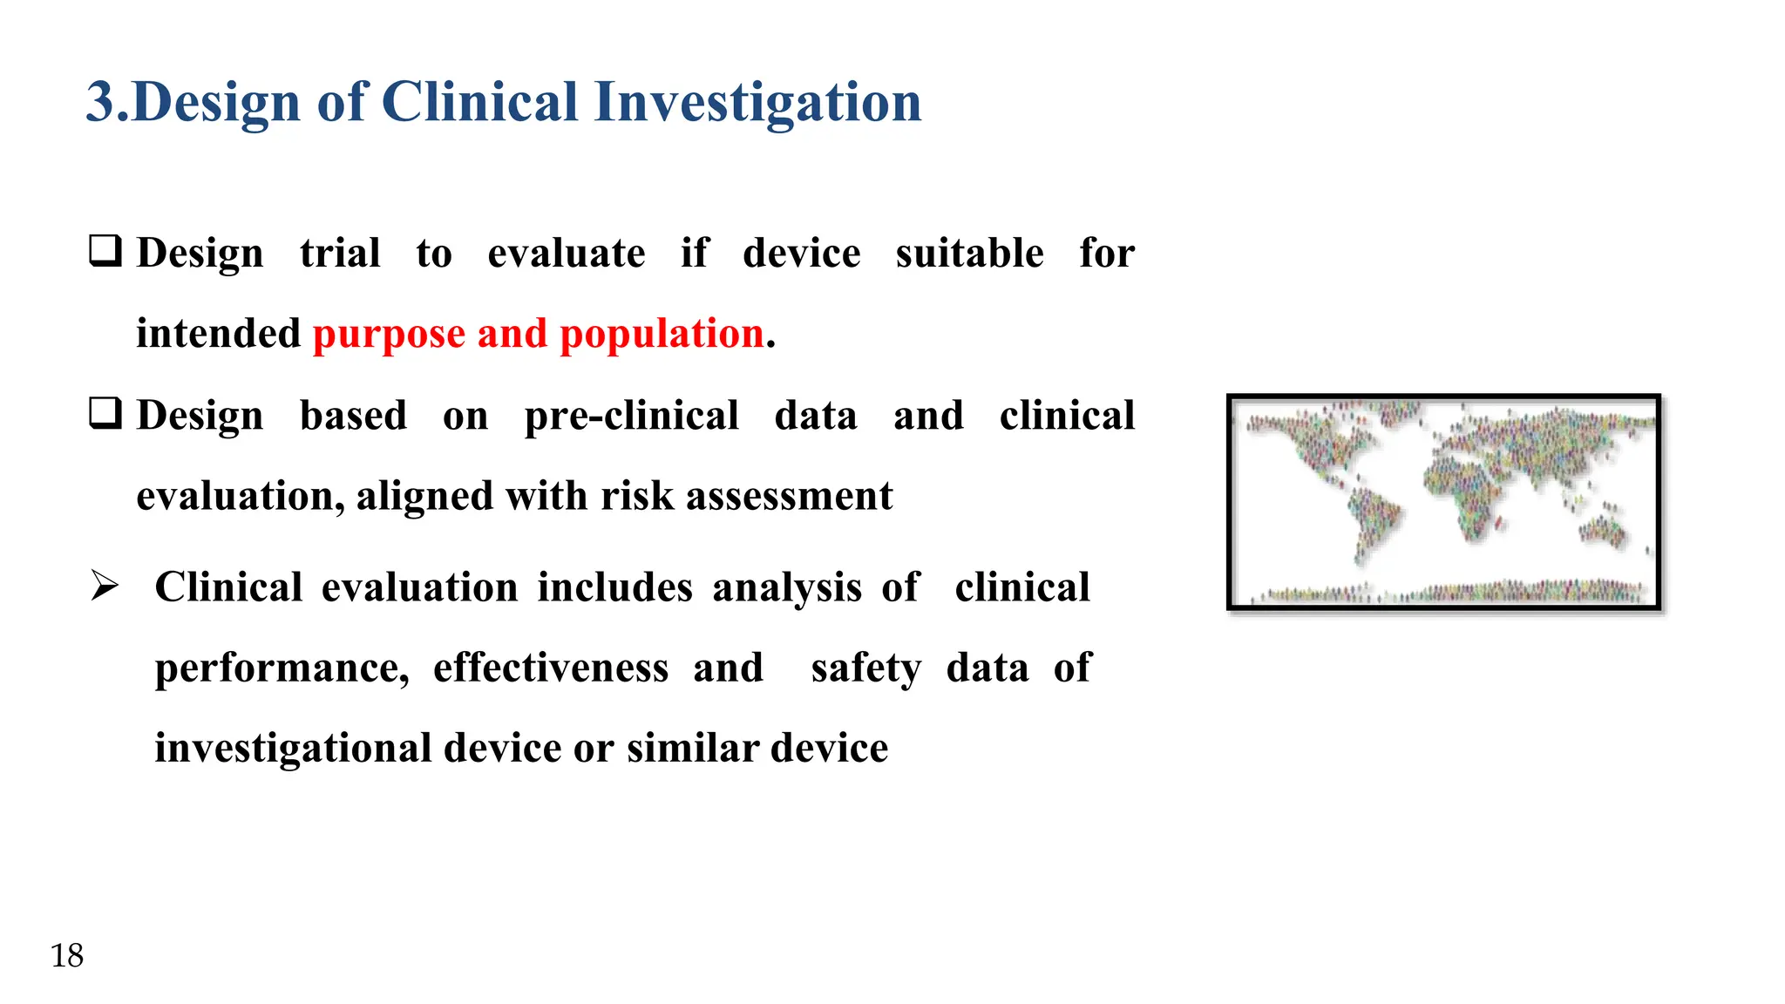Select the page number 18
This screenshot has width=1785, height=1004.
[67, 956]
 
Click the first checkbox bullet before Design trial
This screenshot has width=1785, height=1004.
[105, 251]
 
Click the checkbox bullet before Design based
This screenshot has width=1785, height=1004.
[105, 413]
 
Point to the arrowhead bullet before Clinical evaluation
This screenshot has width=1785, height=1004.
[105, 586]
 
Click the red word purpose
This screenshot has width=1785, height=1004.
[389, 335]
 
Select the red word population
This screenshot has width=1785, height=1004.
[662, 335]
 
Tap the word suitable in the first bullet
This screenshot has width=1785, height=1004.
[969, 254]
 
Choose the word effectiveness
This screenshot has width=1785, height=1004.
[551, 668]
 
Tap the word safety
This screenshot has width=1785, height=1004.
[865, 669]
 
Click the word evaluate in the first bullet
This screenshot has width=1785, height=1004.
[567, 254]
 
